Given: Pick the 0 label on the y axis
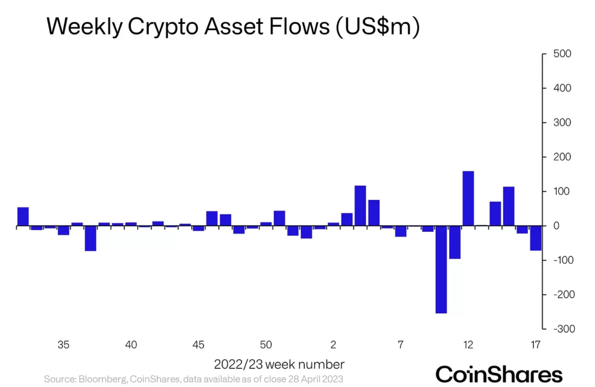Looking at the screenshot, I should pyautogui.click(x=557, y=226).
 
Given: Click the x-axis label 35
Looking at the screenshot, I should pyautogui.click(x=64, y=345).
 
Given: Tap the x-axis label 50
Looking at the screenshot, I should pyautogui.click(x=266, y=345).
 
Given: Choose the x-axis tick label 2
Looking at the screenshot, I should pyautogui.click(x=334, y=345).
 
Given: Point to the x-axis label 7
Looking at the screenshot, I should pyautogui.click(x=400, y=345).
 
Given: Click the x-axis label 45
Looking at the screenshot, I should pyautogui.click(x=199, y=345).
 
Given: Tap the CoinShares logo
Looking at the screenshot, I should pyautogui.click(x=499, y=374).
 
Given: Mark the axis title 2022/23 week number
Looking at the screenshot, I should pyautogui.click(x=279, y=365).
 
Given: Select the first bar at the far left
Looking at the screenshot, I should pyautogui.click(x=23, y=216).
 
